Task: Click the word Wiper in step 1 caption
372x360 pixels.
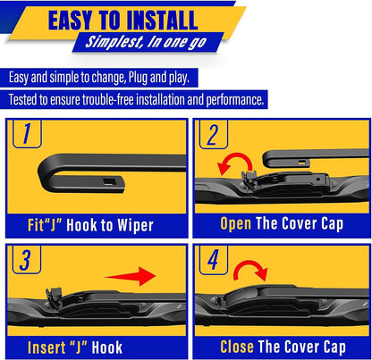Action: click(x=133, y=226)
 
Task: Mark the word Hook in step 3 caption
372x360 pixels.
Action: click(x=105, y=345)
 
